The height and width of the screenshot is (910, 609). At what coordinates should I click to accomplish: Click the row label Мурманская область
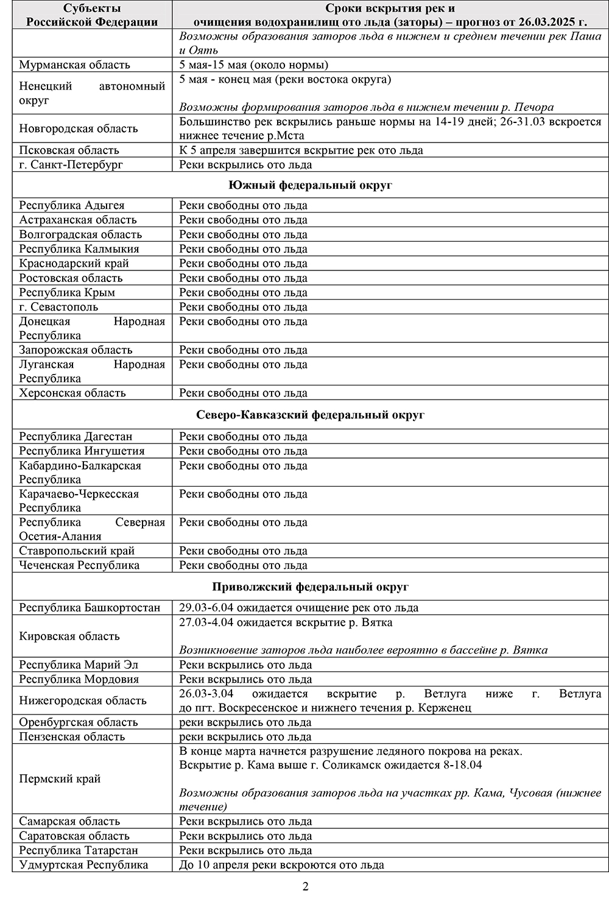pyautogui.click(x=74, y=65)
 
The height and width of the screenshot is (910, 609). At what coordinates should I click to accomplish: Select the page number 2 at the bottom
pyautogui.click(x=305, y=886)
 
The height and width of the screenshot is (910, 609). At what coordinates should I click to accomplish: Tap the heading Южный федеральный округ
pyautogui.click(x=310, y=185)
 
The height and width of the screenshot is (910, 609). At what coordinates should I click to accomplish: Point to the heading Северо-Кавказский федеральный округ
pyautogui.click(x=310, y=415)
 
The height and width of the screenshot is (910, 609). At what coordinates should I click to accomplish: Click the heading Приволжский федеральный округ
pyautogui.click(x=310, y=587)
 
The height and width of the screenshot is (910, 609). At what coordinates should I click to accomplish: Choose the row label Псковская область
pyautogui.click(x=69, y=150)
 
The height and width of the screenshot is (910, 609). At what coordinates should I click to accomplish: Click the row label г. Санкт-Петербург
pyautogui.click(x=71, y=165)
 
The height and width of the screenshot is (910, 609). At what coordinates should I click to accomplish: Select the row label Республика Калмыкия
pyautogui.click(x=79, y=249)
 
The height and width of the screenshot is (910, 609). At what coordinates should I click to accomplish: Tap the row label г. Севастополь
pyautogui.click(x=58, y=307)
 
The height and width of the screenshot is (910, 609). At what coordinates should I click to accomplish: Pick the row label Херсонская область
pyautogui.click(x=72, y=393)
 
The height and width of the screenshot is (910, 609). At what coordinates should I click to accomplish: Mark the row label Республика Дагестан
pyautogui.click(x=76, y=437)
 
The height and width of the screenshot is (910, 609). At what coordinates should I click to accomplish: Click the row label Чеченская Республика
pyautogui.click(x=79, y=565)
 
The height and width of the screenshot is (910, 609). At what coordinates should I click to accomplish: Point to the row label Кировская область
pyautogui.click(x=69, y=637)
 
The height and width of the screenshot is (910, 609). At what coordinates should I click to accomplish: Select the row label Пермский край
pyautogui.click(x=60, y=779)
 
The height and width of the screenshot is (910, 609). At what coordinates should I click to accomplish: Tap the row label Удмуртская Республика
pyautogui.click(x=83, y=865)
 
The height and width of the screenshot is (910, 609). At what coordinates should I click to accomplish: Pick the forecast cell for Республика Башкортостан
pyautogui.click(x=298, y=608)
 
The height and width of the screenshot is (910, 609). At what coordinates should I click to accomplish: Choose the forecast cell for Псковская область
pyautogui.click(x=301, y=150)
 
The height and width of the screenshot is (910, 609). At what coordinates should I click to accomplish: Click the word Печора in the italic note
pyautogui.click(x=534, y=108)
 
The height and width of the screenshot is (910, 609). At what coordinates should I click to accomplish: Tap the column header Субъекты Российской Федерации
pyautogui.click(x=92, y=15)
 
